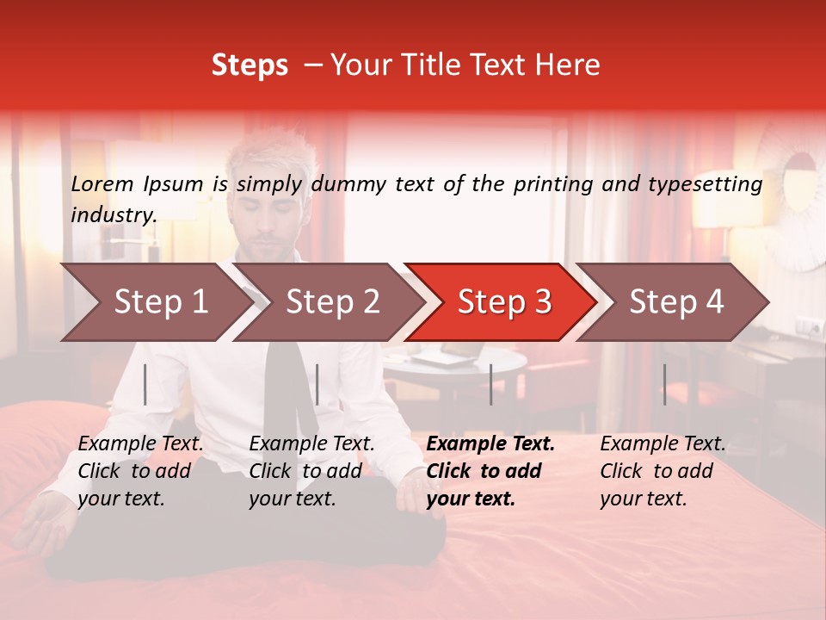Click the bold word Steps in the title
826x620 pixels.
click(x=250, y=65)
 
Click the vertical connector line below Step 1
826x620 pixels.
click(x=145, y=384)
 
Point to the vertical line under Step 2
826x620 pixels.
click(x=317, y=384)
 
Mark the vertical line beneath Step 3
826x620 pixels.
click(x=490, y=384)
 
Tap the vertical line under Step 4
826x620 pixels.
click(x=664, y=384)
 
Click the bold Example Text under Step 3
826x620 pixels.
click(x=490, y=444)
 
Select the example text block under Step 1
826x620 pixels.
click(x=140, y=471)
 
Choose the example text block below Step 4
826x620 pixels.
click(x=663, y=471)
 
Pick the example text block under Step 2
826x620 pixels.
click(x=311, y=471)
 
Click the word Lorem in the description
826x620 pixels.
click(x=102, y=184)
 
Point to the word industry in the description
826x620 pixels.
click(x=114, y=215)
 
